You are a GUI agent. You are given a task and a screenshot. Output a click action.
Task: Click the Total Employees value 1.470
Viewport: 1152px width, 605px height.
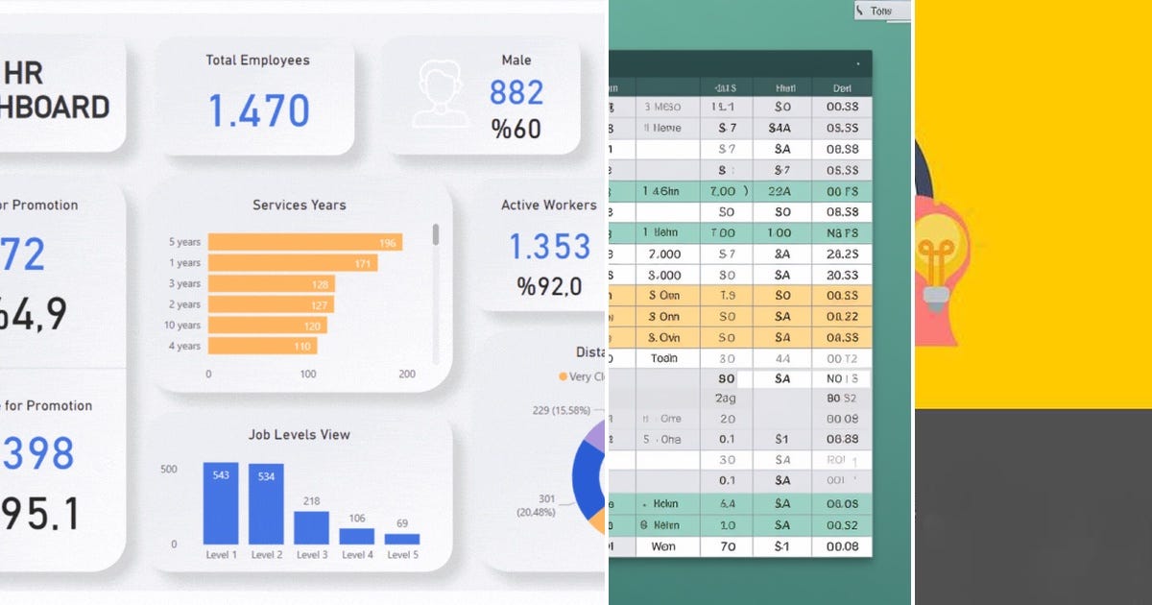[x=258, y=111]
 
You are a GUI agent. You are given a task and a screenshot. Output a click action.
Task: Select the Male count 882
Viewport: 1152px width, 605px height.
[x=516, y=92]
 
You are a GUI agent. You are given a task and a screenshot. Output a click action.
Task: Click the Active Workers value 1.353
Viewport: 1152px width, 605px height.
[x=548, y=247]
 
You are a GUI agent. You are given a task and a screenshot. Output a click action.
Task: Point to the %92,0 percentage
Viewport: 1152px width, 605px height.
[x=548, y=286]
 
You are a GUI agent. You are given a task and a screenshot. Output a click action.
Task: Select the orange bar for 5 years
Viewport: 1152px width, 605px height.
[x=304, y=242]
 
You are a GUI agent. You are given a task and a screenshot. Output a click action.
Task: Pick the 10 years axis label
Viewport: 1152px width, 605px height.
[x=183, y=326]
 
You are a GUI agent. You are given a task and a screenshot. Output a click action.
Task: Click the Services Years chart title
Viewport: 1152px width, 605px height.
[x=299, y=205]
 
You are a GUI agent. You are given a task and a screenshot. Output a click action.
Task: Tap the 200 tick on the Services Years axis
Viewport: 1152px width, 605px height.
[x=407, y=375]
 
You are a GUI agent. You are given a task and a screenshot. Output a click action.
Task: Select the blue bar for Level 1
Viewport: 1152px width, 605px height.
[x=221, y=503]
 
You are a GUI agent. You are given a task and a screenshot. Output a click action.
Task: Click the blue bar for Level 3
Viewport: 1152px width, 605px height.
[x=311, y=527]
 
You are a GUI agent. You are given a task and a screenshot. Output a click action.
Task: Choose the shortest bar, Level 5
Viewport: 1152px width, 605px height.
[x=402, y=539]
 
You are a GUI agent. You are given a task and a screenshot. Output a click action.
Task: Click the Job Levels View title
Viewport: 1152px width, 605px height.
[x=299, y=434]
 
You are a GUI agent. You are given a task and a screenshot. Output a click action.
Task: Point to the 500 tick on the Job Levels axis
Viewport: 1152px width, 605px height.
[x=168, y=470]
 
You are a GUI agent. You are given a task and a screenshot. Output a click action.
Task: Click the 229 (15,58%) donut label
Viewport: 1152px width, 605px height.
[x=562, y=411]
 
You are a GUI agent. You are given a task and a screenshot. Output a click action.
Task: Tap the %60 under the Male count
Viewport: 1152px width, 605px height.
[x=516, y=129]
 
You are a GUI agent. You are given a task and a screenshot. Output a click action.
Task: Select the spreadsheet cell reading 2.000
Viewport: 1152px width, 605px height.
[x=664, y=254]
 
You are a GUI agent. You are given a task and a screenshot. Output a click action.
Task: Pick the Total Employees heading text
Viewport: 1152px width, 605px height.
[x=257, y=60]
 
